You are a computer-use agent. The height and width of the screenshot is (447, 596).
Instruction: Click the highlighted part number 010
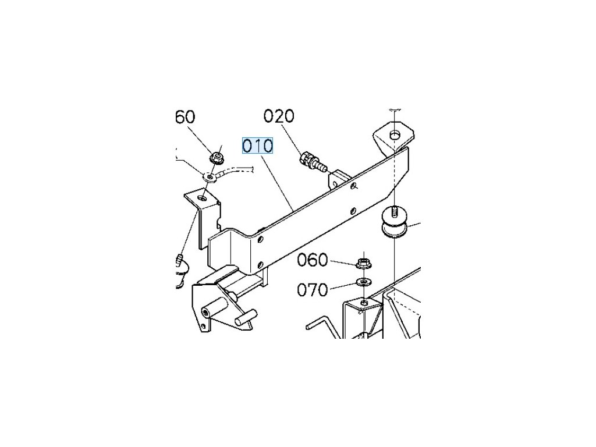(x=257, y=146)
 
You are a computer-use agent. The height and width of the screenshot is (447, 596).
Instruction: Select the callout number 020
(x=279, y=116)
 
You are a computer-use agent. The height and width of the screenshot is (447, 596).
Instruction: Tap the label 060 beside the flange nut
(x=313, y=260)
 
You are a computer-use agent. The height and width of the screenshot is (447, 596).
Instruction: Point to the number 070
(x=313, y=289)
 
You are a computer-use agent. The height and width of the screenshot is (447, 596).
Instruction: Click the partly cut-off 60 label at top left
(x=185, y=118)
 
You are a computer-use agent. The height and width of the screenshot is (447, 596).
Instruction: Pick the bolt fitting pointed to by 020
(x=308, y=160)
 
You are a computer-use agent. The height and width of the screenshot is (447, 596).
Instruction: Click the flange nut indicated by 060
(x=363, y=264)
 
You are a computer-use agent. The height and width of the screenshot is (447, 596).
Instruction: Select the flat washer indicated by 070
(x=363, y=283)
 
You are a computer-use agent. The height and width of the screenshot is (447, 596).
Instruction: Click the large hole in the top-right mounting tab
(x=395, y=135)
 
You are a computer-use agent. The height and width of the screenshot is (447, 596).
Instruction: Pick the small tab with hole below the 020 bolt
(x=337, y=179)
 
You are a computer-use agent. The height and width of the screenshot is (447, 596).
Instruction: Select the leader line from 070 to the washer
(x=343, y=285)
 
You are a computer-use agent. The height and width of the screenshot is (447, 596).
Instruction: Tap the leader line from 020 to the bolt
(x=293, y=137)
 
